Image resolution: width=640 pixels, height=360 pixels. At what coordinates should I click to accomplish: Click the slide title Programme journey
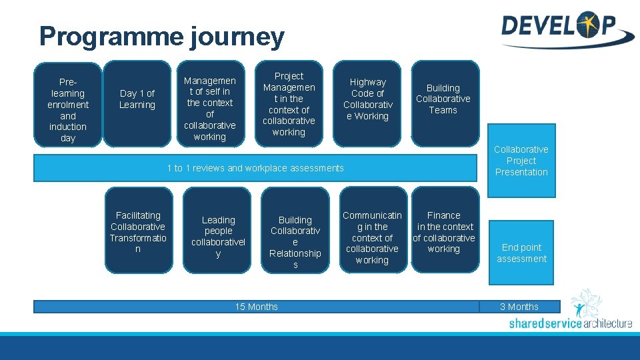pyautogui.click(x=161, y=37)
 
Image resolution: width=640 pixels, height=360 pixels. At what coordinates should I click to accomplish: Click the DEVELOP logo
pyautogui.click(x=566, y=29)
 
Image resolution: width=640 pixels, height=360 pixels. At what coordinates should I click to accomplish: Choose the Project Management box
pyautogui.click(x=289, y=104)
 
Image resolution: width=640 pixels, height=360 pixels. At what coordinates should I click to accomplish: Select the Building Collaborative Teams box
pyautogui.click(x=443, y=99)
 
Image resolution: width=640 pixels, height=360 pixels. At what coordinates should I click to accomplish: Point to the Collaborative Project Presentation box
pyautogui.click(x=521, y=161)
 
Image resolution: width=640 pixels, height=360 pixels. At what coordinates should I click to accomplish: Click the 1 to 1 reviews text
pyautogui.click(x=255, y=168)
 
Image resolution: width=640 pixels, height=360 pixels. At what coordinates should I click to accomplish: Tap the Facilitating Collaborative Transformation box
pyautogui.click(x=138, y=231)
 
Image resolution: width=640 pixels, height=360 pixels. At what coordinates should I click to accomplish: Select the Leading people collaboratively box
pyautogui.click(x=218, y=237)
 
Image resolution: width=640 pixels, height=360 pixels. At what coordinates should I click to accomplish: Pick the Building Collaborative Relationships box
pyautogui.click(x=295, y=242)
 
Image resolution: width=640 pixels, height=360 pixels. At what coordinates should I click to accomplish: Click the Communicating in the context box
pyautogui.click(x=372, y=237)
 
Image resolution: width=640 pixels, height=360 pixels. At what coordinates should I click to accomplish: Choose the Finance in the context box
pyautogui.click(x=444, y=232)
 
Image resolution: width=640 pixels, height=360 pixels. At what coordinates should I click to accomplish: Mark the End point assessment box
pyautogui.click(x=521, y=253)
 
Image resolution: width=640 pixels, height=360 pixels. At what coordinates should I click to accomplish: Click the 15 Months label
pyautogui.click(x=257, y=307)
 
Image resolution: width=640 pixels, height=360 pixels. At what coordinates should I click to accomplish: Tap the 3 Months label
pyautogui.click(x=519, y=307)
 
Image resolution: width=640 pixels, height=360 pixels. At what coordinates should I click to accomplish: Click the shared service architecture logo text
pyautogui.click(x=570, y=324)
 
